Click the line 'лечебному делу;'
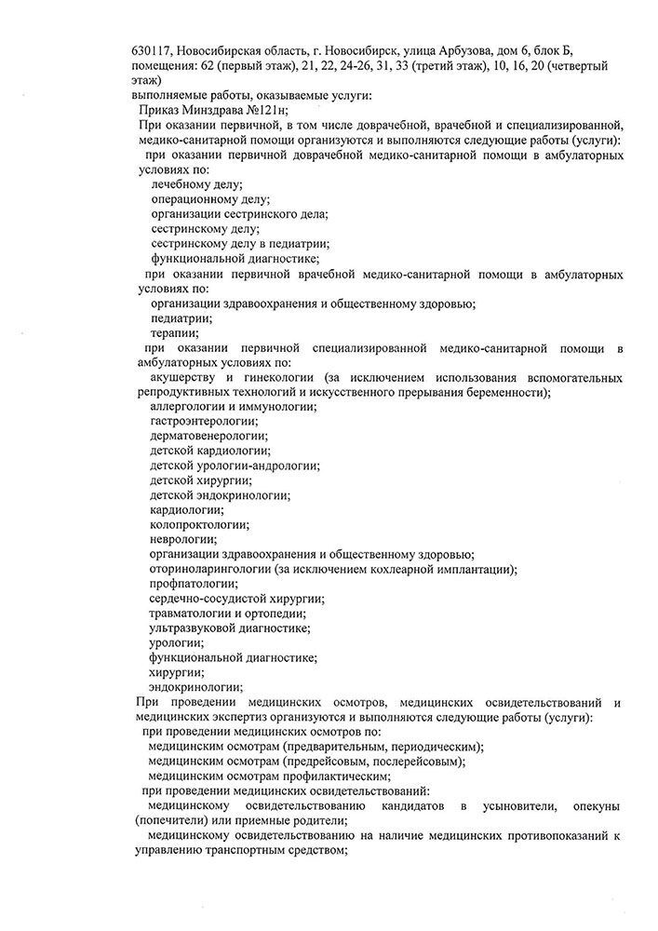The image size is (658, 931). point(196,185)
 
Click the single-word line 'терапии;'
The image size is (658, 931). point(174,332)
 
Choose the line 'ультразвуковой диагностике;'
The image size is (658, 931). point(230,628)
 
